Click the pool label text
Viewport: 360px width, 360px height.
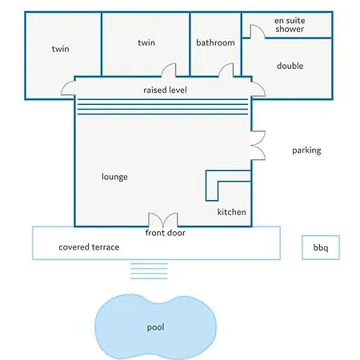(x=155, y=327)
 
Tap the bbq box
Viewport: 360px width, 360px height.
(x=321, y=247)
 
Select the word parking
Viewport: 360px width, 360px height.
(x=306, y=150)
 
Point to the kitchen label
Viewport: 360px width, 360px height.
(x=231, y=212)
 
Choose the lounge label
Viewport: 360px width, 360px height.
(x=114, y=177)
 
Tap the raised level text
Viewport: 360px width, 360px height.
(x=165, y=90)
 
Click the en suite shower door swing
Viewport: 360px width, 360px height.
(x=258, y=31)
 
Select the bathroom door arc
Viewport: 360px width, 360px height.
(x=226, y=70)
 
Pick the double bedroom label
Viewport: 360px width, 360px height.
(x=290, y=66)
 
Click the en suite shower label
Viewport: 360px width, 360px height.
(x=290, y=25)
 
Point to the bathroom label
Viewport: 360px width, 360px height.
(x=215, y=42)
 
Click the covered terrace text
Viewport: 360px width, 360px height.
(x=89, y=247)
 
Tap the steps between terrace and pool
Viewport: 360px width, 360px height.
(x=149, y=271)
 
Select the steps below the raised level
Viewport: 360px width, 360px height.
(x=162, y=106)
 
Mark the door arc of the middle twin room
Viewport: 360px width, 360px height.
(x=169, y=70)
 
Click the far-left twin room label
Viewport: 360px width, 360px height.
(x=61, y=49)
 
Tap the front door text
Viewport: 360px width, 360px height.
(x=166, y=233)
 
